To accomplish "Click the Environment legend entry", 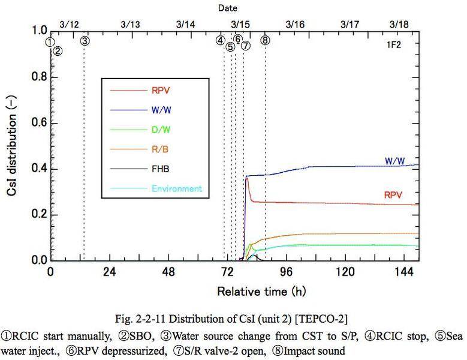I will click(x=177, y=188).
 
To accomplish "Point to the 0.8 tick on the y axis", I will click(x=38, y=77).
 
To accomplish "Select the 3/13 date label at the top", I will click(x=130, y=25).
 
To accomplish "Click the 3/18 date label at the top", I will click(x=399, y=25).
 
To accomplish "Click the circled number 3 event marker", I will click(x=85, y=41).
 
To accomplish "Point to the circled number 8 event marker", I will click(x=265, y=40).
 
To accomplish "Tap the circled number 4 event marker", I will click(x=221, y=40).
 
